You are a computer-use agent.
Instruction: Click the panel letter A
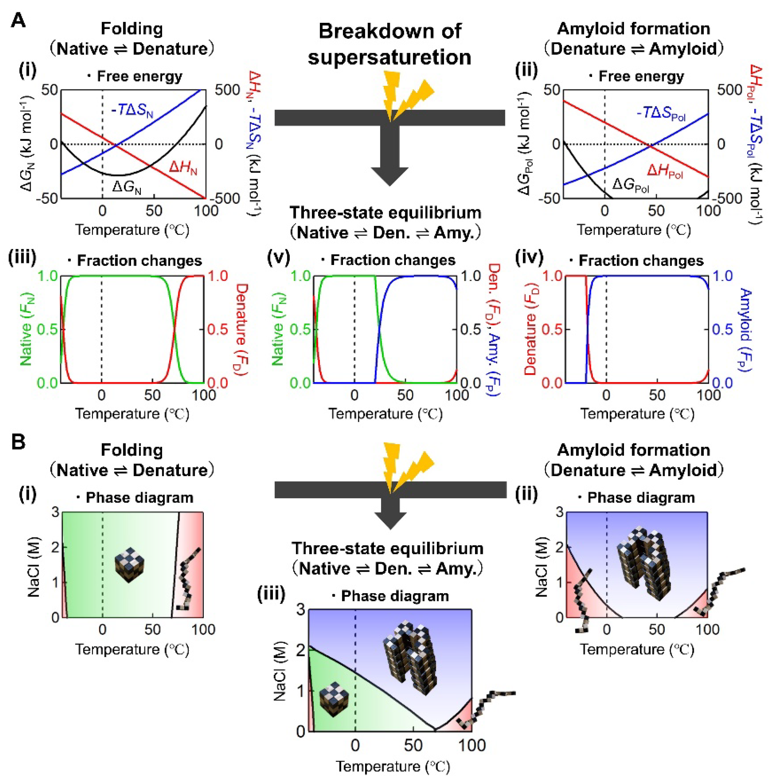tap(18, 20)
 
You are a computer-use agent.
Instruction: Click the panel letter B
tap(18, 442)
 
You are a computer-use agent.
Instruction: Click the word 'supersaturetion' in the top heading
tap(389, 57)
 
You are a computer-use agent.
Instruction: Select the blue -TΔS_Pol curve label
tap(661, 113)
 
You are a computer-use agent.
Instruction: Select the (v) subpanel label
tap(278, 258)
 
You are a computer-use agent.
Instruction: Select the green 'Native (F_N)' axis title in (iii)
tap(26, 330)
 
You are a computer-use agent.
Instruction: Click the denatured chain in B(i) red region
tap(187, 579)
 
